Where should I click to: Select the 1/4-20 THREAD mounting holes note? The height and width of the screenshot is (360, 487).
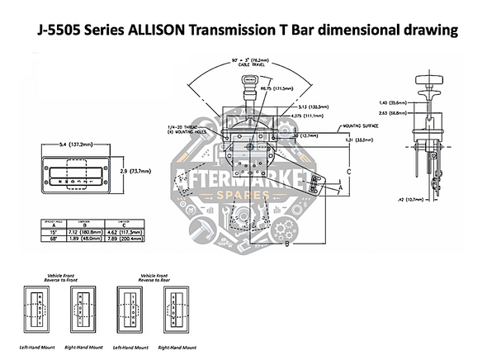coord(179,129)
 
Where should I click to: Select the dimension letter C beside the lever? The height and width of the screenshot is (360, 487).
coord(349,171)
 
